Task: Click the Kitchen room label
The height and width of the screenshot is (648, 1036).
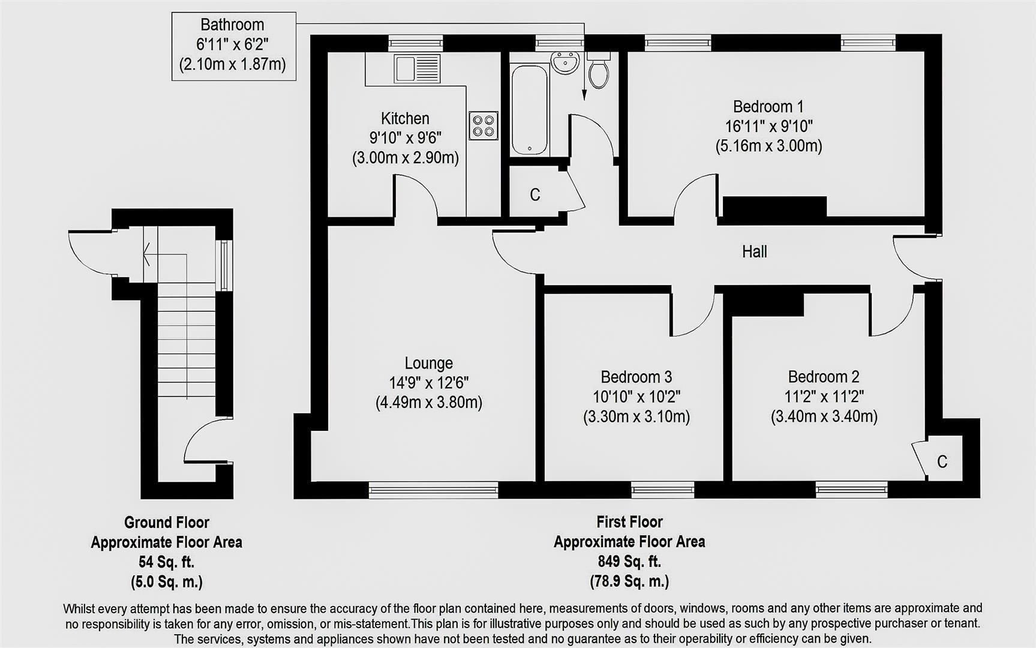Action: click(x=405, y=118)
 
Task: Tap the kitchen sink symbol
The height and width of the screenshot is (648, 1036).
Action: click(x=417, y=69)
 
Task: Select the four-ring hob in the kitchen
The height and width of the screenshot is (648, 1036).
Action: click(x=484, y=125)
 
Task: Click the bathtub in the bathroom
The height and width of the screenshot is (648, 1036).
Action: click(x=529, y=110)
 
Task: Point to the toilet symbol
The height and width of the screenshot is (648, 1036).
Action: click(x=599, y=72)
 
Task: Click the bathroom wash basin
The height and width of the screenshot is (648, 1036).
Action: click(x=565, y=62)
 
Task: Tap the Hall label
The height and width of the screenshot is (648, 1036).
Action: click(x=754, y=251)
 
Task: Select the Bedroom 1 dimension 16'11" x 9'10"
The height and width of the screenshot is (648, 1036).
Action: click(x=768, y=126)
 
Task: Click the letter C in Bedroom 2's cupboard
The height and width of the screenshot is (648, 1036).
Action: click(x=942, y=461)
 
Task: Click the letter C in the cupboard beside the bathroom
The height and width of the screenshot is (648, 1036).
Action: click(x=535, y=194)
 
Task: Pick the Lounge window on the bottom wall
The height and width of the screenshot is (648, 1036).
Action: click(x=433, y=490)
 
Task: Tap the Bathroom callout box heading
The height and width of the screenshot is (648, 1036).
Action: click(x=232, y=25)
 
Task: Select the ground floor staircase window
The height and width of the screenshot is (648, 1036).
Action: click(x=224, y=265)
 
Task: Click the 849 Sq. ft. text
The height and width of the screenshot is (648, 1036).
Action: click(x=629, y=562)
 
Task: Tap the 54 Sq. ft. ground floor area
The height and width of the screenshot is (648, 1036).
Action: click(x=166, y=562)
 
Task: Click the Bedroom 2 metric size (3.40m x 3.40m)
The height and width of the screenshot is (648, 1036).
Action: click(x=824, y=416)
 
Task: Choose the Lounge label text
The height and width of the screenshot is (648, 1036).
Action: click(x=428, y=363)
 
